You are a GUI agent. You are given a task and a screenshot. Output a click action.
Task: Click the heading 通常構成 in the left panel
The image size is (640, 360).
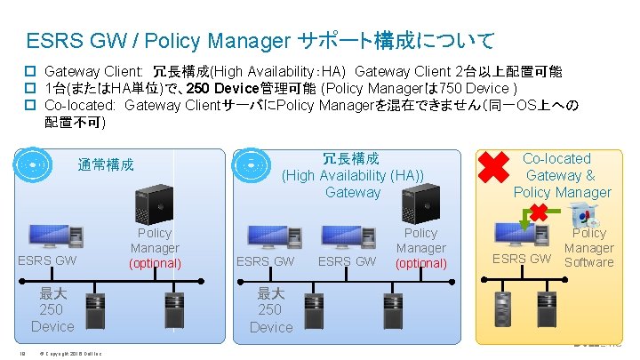click(106, 164)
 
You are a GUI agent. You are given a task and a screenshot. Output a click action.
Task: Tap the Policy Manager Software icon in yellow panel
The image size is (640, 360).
click(582, 213)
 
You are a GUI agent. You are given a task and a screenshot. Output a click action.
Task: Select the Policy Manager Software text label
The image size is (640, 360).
click(589, 247)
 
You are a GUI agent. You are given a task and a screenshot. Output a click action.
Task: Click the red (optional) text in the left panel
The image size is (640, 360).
click(155, 263)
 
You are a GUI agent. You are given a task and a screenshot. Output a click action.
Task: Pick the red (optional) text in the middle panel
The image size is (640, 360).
click(420, 263)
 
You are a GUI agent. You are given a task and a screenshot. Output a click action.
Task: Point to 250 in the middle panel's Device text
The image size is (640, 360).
click(270, 309)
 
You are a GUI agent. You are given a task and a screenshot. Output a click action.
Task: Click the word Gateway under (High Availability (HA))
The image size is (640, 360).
click(353, 192)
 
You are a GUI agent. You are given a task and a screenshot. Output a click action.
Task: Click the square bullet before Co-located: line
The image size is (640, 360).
click(29, 105)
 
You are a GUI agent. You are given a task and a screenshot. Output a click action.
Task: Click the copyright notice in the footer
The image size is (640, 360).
click(70, 355)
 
